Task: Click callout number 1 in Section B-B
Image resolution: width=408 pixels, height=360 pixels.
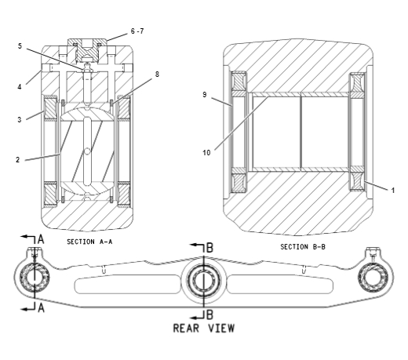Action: (x=392, y=191)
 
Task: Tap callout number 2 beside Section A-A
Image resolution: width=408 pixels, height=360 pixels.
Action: (x=18, y=160)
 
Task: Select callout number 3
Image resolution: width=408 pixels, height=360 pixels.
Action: (x=20, y=120)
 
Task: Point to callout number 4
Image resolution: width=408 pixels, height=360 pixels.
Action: (x=20, y=87)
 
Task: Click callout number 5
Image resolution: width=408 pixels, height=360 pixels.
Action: (x=20, y=46)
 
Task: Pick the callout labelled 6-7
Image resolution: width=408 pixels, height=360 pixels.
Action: (x=137, y=31)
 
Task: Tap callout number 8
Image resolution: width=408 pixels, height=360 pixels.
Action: (x=157, y=75)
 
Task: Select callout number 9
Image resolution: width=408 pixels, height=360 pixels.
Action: (x=205, y=95)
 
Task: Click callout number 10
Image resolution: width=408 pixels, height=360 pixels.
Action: (x=206, y=153)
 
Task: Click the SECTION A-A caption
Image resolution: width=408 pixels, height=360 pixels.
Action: (x=89, y=242)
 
